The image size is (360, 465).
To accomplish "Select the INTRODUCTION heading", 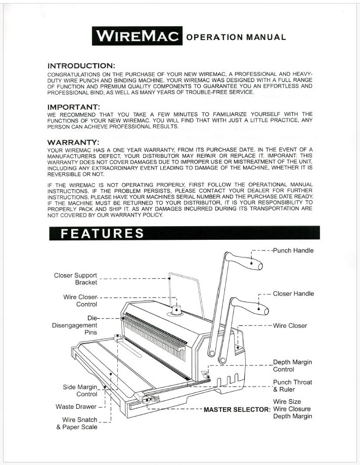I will coord(81,66).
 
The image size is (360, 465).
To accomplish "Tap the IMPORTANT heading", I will coord(73,107).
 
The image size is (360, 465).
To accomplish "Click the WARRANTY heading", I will coord(73,142).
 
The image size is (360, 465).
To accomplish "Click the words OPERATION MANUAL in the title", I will coord(236,37).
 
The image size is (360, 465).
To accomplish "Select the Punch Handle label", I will coord(293,250).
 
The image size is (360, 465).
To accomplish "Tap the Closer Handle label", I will coord(293,293).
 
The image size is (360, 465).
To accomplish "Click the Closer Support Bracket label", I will coord(75,279).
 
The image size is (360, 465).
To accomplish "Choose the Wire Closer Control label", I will coord(80,301).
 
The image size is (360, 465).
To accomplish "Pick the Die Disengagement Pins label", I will coord(75,325).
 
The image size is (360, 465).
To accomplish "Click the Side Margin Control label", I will coord(80,391).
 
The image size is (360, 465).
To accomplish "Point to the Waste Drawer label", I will coord(76,407).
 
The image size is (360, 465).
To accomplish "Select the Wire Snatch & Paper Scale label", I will coord(77,424).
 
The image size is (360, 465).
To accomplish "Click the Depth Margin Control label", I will coord(292,366).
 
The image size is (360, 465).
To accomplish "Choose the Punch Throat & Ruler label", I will coord(292,386).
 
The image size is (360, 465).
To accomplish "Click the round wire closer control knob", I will coord(176,309).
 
